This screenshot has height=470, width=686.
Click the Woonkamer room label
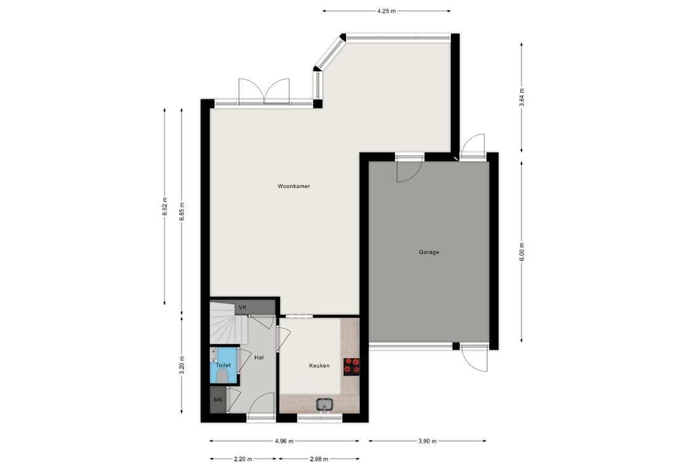pos(293,186)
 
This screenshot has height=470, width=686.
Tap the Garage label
pos(429,252)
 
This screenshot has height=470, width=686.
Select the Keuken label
pos(319,365)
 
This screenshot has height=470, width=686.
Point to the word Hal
pos(259,358)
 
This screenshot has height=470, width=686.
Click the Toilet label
pos(223,365)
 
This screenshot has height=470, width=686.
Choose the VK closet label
pos(243,307)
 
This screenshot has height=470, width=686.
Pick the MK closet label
pos(218,399)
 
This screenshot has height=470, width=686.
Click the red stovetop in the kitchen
pos(352,366)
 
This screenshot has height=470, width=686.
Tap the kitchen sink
pos(324,405)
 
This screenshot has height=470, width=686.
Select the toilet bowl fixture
pos(223,375)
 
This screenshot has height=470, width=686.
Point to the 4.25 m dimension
pos(386,11)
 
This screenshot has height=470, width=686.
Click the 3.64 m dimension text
pos(521,98)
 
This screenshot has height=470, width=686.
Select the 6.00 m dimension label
pos(521,252)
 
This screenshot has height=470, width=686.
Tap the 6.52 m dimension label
pos(165,206)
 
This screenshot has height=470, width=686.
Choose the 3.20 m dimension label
pos(182,365)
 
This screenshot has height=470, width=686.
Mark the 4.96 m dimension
pos(285,441)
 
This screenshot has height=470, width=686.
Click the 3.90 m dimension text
pos(427,441)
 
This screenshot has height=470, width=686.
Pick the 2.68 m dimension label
pos(318,459)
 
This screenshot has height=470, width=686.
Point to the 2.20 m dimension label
pos(243,459)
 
